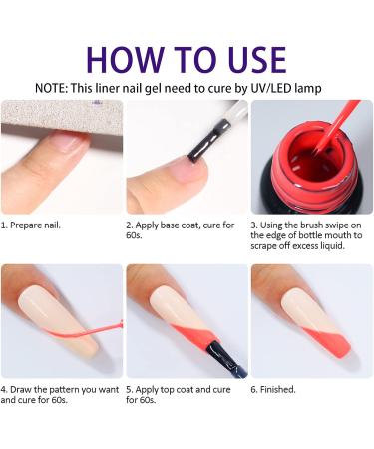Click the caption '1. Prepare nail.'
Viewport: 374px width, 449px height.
32,224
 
